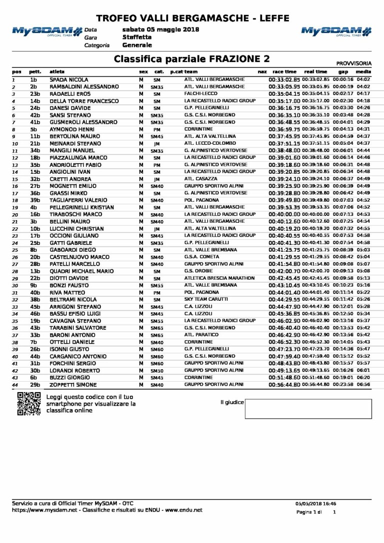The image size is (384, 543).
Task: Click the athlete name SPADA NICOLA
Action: pyautogui.click(x=69, y=79)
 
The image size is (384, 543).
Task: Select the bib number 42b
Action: pyautogui.click(x=34, y=115)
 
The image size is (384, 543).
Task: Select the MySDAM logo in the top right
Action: pyautogui.click(x=336, y=31)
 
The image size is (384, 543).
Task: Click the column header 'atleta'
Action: pyautogui.click(x=57, y=72)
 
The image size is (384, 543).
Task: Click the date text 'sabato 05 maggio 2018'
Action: pyautogui.click(x=160, y=29)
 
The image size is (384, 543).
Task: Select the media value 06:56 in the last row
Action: pyautogui.click(x=363, y=385)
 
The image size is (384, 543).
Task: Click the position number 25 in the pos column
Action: pyautogui.click(x=15, y=250)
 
